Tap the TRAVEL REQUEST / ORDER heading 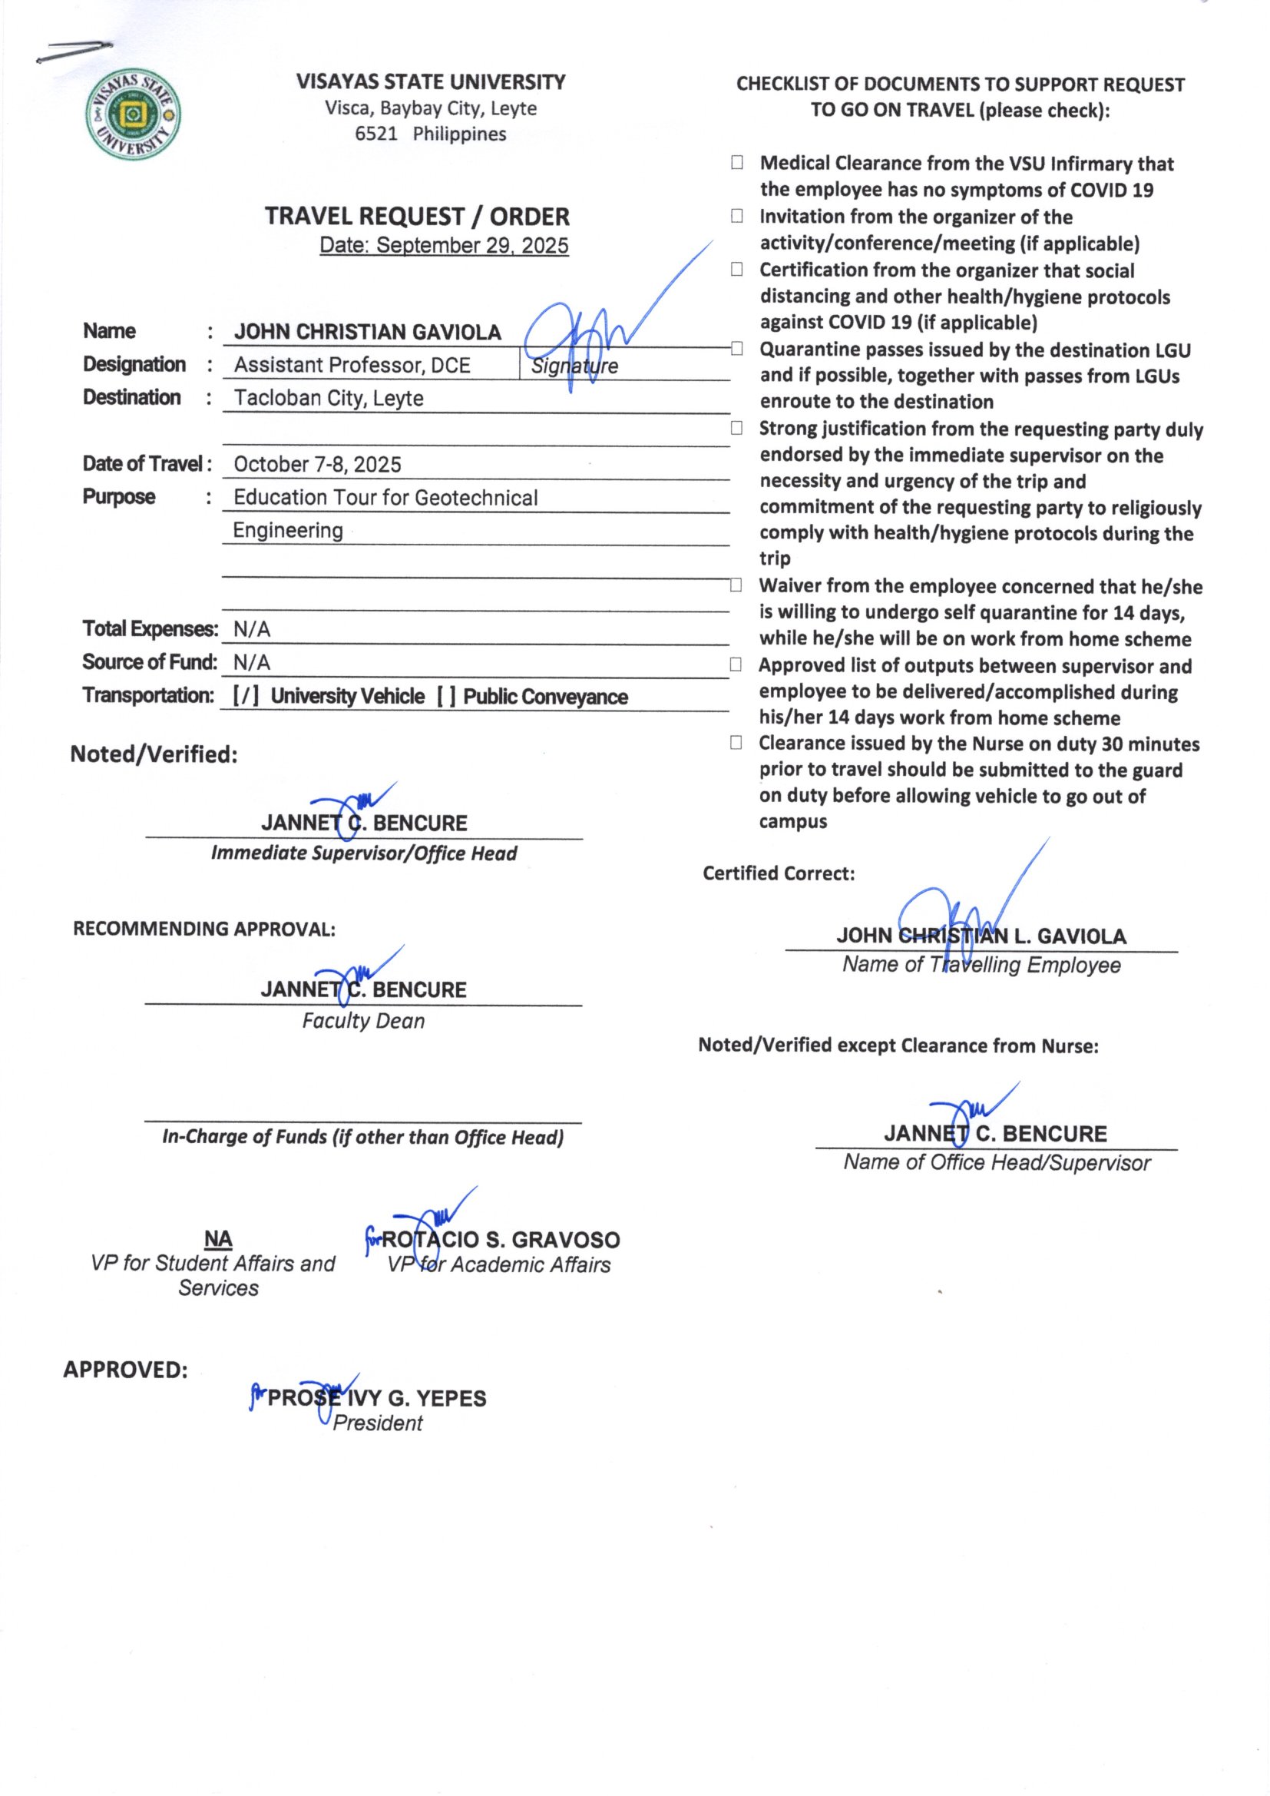pos(417,216)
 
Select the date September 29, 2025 pos(444,246)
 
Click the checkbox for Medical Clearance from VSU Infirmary pos(736,163)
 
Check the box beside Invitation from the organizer pos(736,216)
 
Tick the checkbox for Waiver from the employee pos(736,586)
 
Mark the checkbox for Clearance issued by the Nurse pos(736,743)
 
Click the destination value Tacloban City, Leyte pos(329,398)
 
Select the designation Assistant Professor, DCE pos(352,366)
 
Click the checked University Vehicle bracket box pos(246,697)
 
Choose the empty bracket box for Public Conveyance pos(447,697)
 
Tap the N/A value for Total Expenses pos(252,630)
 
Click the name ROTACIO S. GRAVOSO pos(501,1240)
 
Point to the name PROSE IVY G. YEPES pos(376,1399)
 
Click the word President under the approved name pos(378,1423)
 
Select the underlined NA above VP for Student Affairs pos(218,1239)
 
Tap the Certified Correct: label pos(778,873)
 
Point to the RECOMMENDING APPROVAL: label pos(204,929)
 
